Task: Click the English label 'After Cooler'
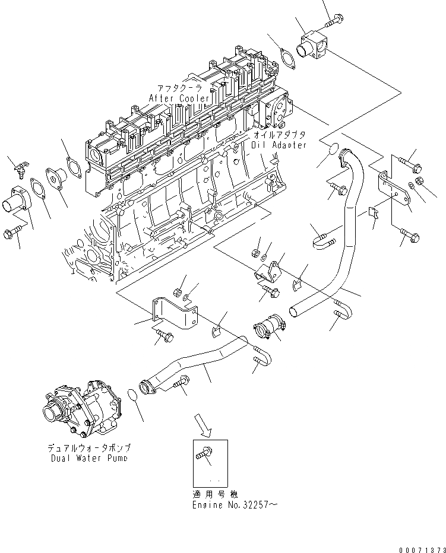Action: [179, 98]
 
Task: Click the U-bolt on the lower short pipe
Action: [262, 358]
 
